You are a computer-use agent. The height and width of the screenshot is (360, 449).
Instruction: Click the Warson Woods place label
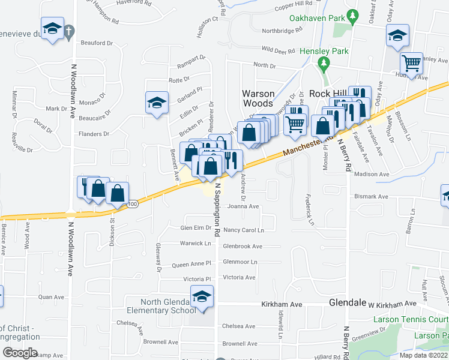click(258, 98)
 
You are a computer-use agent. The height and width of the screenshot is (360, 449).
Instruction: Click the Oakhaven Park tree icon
click(354, 14)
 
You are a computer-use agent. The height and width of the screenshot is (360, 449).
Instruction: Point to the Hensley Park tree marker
click(325, 62)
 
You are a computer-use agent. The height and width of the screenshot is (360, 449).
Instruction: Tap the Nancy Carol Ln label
click(244, 230)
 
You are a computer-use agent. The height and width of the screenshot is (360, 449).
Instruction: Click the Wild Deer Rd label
click(279, 50)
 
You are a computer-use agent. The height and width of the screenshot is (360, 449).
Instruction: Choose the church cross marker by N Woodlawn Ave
click(70, 31)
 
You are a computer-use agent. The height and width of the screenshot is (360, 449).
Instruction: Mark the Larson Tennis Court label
click(411, 320)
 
